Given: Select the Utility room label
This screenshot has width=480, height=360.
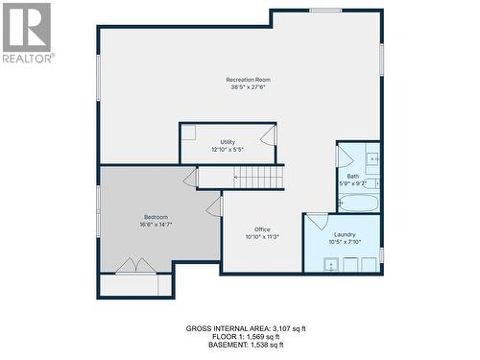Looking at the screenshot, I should pos(228,142).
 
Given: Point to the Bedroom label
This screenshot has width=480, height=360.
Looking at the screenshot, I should pos(156,217).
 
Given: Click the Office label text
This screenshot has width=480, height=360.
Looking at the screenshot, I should pos(262,229).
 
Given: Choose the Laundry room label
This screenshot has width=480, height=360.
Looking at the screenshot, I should pos(345,234).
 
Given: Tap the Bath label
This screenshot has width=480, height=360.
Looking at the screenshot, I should pos(352,176).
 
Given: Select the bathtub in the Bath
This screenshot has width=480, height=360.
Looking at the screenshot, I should pos(359,203).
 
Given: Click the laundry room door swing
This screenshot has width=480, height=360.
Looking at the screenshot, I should pos(317,222).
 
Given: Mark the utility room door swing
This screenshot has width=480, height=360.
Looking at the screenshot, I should pos(268,134).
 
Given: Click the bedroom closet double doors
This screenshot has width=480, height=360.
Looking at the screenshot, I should pos(134,265).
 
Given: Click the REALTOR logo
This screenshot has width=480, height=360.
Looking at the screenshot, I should pos(27,32).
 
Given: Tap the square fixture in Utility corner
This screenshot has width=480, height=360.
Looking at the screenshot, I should pos(189,132).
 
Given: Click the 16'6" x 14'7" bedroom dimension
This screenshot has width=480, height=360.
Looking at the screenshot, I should pos(156,226).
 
